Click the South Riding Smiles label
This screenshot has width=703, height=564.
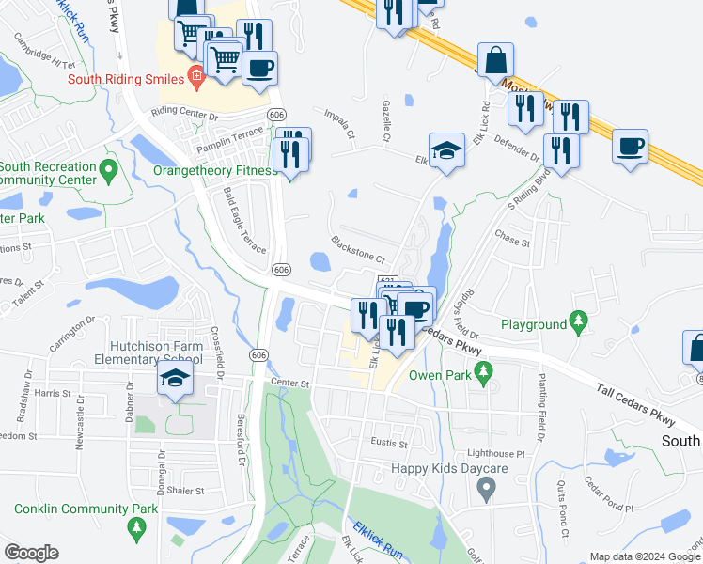125,78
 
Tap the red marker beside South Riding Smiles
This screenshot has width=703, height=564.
195,76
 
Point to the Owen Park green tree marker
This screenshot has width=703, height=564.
484,375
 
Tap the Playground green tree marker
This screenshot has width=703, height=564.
579,324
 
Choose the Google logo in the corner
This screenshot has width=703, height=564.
31,553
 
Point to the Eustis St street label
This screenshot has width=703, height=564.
388,443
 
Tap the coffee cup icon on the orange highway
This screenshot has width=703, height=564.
630,146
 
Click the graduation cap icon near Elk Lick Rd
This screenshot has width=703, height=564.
446,149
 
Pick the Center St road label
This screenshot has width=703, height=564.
289,384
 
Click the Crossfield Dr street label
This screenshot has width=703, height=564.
216,350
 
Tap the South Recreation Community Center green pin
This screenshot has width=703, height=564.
109,171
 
